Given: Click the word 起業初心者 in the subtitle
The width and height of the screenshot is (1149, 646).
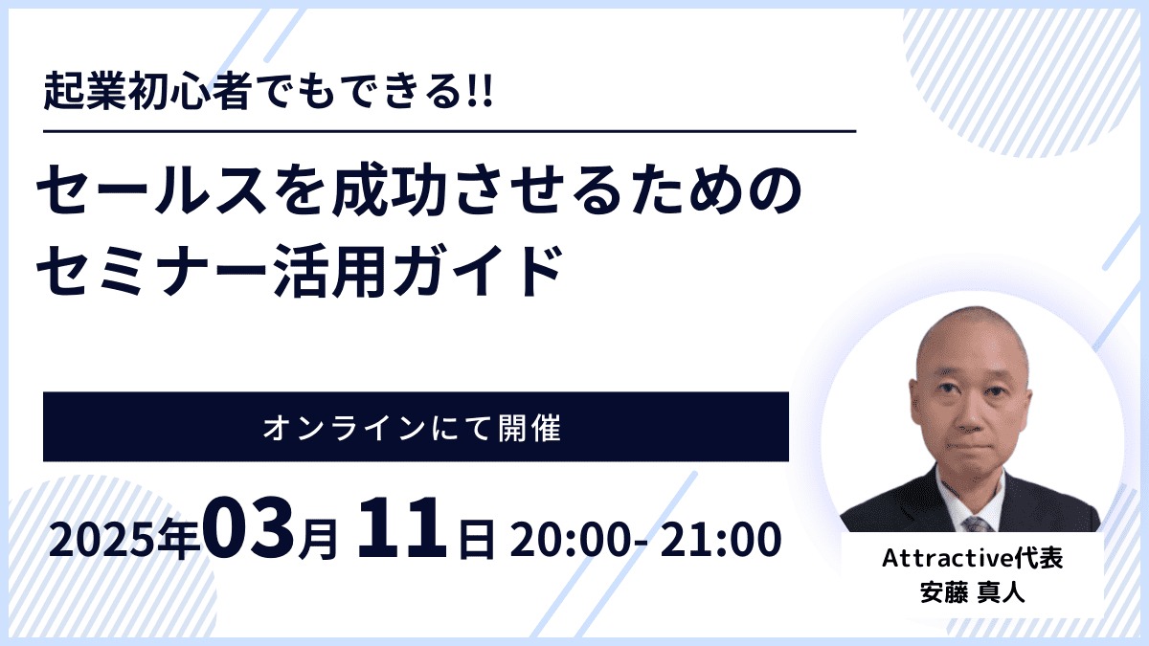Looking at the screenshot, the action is coord(147,92).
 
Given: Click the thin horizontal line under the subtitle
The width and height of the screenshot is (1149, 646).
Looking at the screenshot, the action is coord(450,132).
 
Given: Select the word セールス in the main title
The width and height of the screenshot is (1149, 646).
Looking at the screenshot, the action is coord(152,189).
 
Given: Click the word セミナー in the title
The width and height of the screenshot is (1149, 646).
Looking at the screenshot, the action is coord(152,270).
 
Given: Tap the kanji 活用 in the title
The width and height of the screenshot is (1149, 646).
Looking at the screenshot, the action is coord(329,270).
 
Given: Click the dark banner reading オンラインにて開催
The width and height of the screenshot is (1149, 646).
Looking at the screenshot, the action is coord(416,427).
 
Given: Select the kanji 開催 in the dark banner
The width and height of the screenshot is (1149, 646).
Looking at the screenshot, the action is coord(529,428).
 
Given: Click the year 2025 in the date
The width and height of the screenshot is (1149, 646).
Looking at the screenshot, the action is coord(102,541).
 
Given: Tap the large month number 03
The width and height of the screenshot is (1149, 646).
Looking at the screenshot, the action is coord(249,528).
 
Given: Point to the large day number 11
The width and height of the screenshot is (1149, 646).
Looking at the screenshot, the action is coord(402,528).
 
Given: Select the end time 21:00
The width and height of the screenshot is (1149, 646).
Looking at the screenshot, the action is coord(720,540).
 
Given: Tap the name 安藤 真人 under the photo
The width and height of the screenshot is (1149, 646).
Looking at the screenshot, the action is coord(972,592).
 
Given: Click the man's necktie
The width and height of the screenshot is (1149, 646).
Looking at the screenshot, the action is coord(976,524).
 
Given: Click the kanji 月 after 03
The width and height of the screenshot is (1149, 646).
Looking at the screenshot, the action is coord(318,540).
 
